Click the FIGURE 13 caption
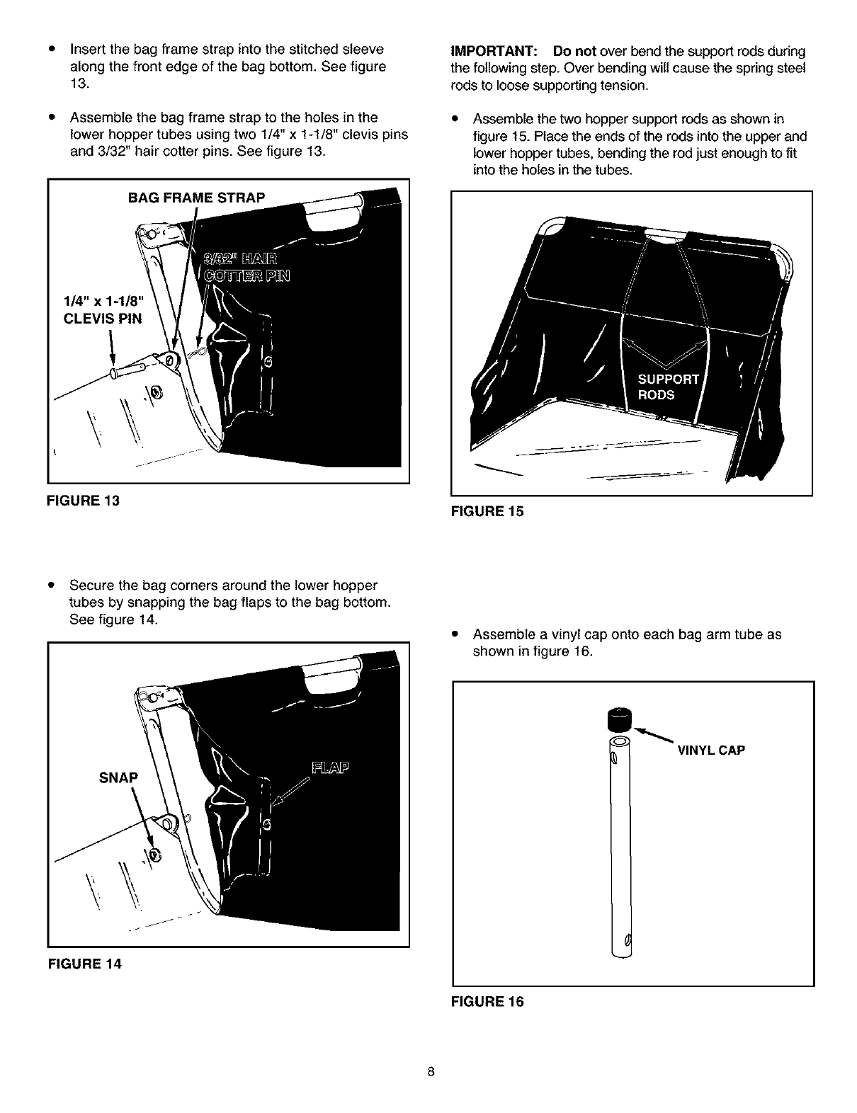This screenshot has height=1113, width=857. pos(83,501)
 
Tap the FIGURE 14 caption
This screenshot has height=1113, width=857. pos(84,964)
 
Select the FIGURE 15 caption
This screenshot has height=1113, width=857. pos(487,511)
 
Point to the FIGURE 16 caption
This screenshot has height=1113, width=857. pos(487,1002)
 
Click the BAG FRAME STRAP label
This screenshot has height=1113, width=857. pos(196,198)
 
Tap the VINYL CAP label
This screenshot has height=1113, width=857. pos(711,750)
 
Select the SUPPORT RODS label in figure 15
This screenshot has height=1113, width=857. pos(669,387)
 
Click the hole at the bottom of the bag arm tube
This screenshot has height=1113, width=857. pos(626,940)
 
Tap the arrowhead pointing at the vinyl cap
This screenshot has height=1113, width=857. pos(638,729)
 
